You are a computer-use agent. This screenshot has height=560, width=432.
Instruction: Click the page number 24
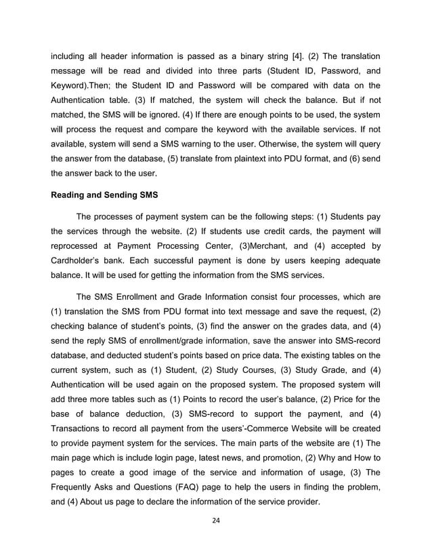(x=215, y=520)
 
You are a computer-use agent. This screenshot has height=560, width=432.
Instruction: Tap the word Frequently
(x=76, y=494)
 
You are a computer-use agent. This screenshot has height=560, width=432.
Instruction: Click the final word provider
(x=299, y=502)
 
